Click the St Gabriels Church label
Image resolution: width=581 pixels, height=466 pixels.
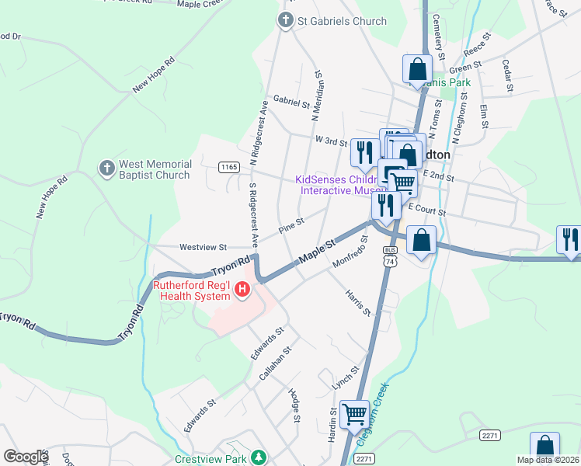coord(342,21)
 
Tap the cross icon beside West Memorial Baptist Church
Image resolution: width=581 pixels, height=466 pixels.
coord(107,168)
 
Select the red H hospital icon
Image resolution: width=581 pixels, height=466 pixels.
coord(242,290)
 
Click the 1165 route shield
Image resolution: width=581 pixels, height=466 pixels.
coord(228,167)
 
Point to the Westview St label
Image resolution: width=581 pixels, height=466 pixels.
coord(203,247)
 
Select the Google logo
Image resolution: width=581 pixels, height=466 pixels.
coord(26,457)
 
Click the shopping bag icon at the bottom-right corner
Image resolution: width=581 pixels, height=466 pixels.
coord(544,447)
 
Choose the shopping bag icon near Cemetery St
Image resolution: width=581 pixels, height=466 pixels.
coord(417,68)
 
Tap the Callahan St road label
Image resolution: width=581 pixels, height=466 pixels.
coord(274,364)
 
